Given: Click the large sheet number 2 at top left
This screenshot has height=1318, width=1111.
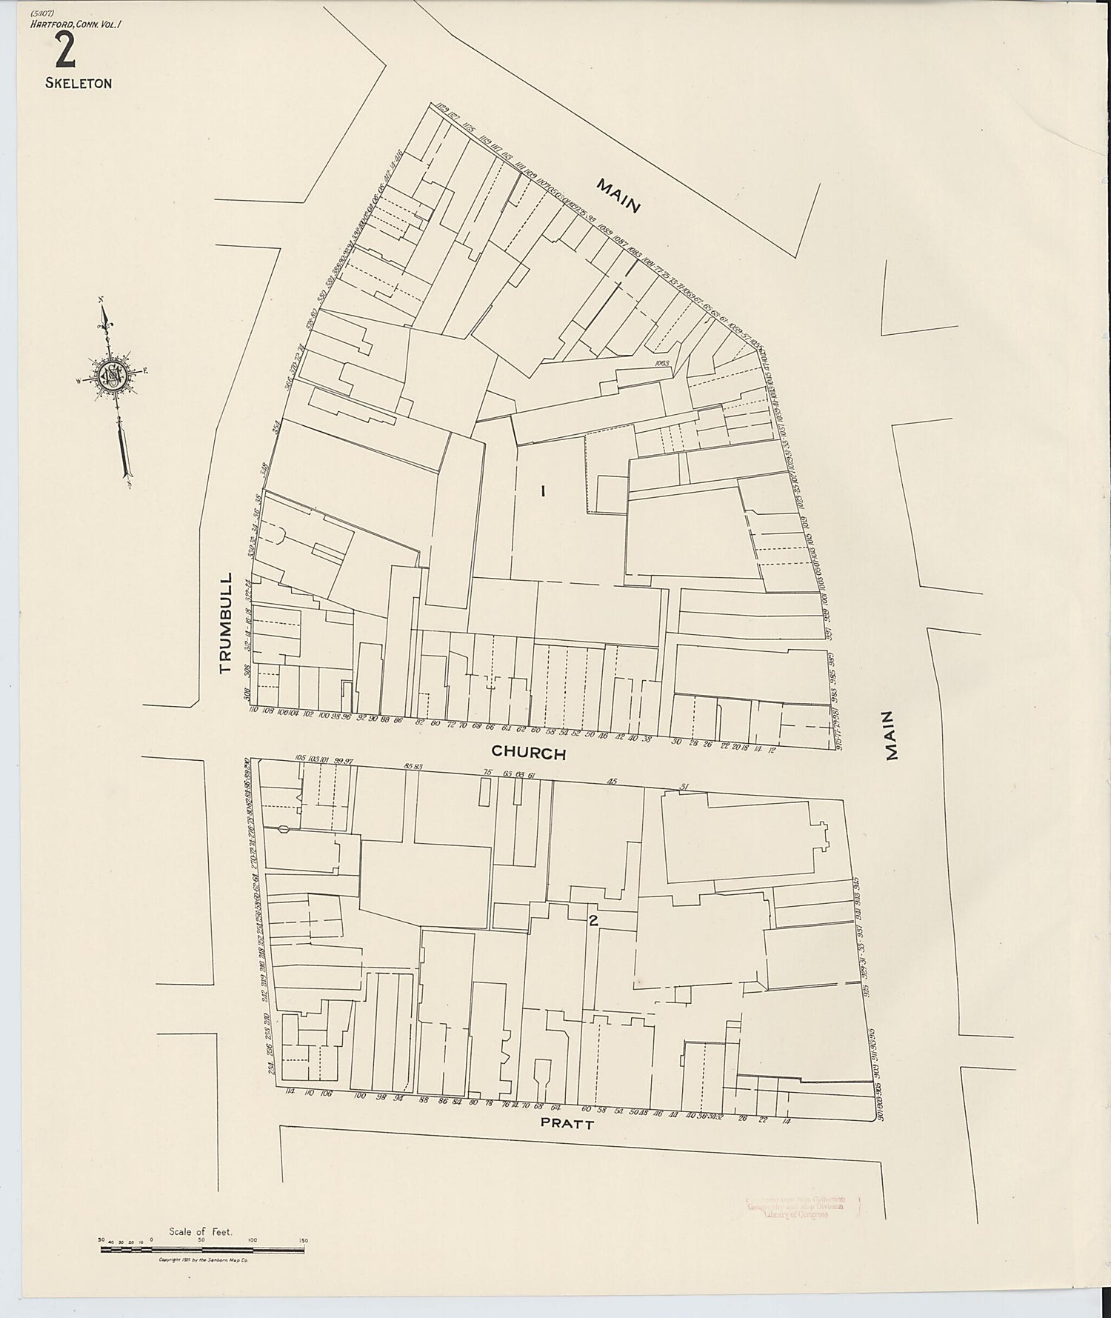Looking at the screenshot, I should (x=64, y=51).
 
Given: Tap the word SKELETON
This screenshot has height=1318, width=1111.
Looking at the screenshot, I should (x=79, y=84).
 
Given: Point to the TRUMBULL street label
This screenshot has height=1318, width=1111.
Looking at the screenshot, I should (x=226, y=622).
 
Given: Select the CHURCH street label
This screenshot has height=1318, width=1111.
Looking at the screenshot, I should (x=528, y=753).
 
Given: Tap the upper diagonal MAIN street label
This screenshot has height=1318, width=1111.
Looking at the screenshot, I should (x=618, y=196).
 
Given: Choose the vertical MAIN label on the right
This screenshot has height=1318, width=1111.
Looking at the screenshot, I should (x=891, y=736).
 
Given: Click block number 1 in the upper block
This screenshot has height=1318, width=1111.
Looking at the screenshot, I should (x=544, y=490).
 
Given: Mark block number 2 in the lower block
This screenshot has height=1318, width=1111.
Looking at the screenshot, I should (x=593, y=922).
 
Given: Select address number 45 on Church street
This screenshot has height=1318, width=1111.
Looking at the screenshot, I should (x=612, y=781).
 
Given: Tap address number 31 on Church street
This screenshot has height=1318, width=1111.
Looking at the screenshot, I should (x=684, y=788).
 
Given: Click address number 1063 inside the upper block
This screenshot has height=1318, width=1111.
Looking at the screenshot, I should (x=661, y=363).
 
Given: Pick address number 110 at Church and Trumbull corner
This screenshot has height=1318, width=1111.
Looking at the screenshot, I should (x=253, y=710).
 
